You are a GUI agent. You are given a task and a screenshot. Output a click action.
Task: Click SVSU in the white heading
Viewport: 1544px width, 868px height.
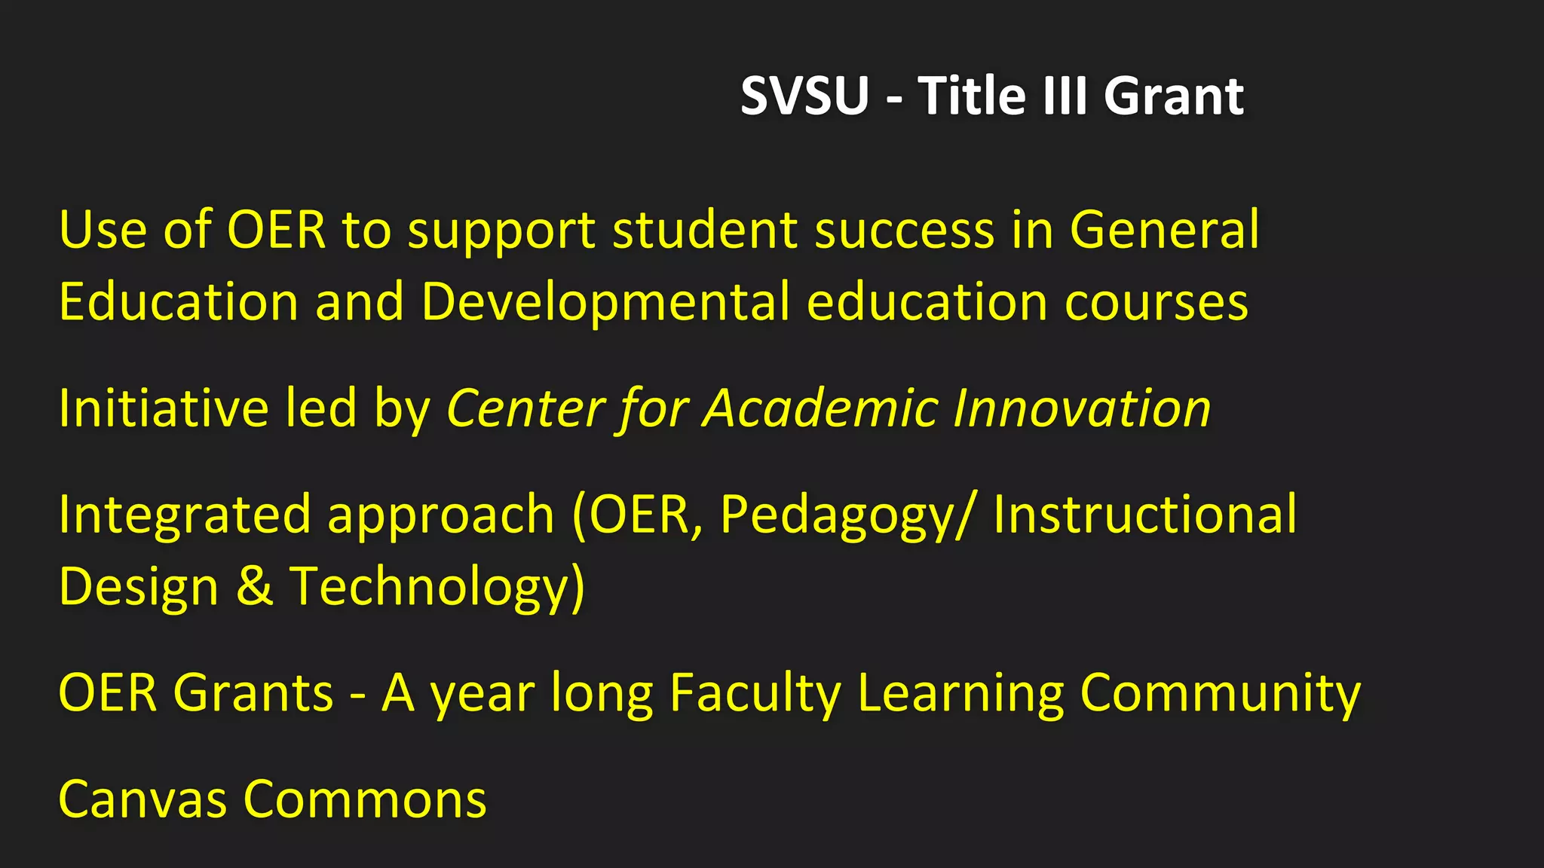coord(804,96)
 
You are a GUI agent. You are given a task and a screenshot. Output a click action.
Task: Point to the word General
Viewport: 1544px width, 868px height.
coord(1164,230)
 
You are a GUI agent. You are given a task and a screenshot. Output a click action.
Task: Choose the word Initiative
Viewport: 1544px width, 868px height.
coord(163,408)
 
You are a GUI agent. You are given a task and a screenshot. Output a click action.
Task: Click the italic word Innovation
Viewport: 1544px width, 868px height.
coord(1082,408)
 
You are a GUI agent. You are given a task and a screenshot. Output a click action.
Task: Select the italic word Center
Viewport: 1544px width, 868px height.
coord(525,408)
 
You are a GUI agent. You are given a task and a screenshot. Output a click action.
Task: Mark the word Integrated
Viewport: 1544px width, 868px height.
coord(184,515)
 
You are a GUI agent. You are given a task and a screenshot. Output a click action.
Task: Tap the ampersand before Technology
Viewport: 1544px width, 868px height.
coord(255,586)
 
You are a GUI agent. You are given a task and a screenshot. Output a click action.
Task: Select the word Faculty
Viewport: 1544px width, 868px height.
coord(755,693)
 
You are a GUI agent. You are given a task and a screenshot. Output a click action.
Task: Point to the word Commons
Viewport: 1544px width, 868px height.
coord(365,799)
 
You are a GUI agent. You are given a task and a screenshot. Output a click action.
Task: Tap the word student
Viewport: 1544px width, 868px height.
coord(705,230)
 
